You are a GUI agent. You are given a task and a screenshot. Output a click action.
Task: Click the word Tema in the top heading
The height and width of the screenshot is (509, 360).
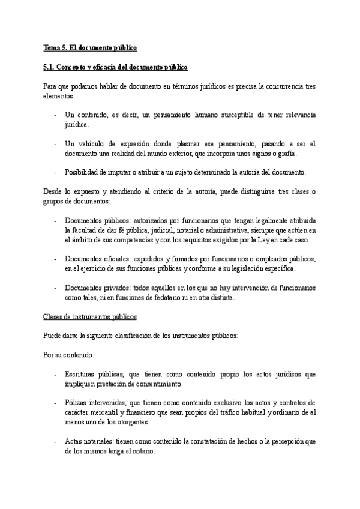coord(52,47)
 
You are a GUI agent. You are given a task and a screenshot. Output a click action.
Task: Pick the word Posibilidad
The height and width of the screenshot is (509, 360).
coord(83,173)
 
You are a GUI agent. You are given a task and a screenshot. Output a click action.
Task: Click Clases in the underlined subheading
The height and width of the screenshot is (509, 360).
coord(53,316)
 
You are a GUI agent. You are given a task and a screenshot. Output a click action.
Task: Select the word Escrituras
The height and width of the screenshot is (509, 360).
coord(83,375)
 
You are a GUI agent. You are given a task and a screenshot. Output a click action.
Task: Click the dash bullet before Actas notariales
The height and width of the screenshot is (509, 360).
coord(55,442)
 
